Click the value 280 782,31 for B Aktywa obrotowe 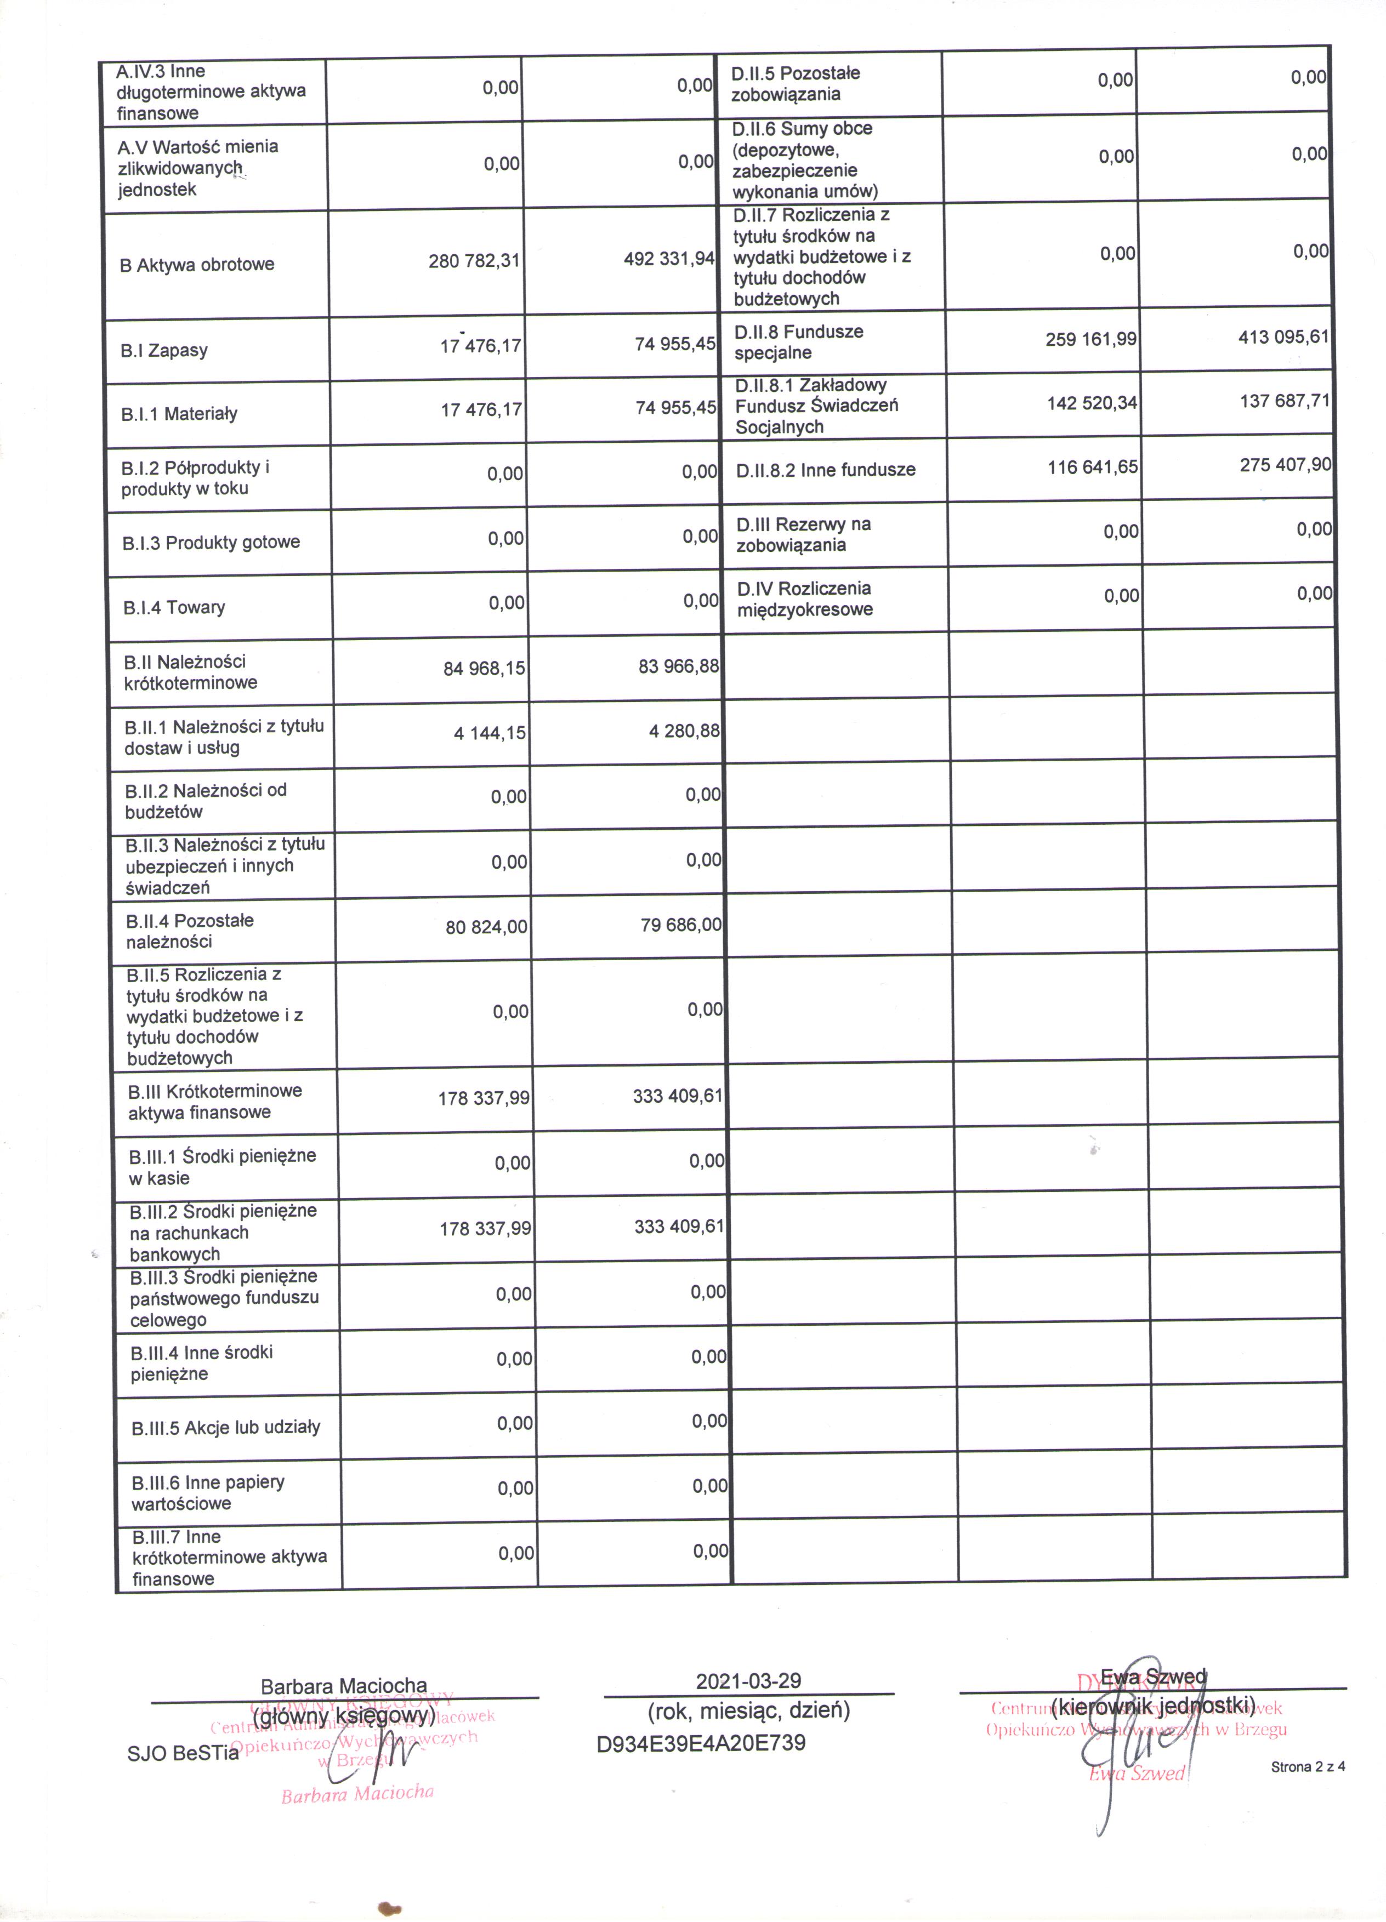474,261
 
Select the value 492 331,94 669,259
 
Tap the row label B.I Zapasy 163,350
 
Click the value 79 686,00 681,925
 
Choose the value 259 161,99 1091,340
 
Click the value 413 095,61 1283,337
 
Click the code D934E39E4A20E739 701,1743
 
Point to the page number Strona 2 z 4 1307,1767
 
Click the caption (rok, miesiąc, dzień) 748,1711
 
